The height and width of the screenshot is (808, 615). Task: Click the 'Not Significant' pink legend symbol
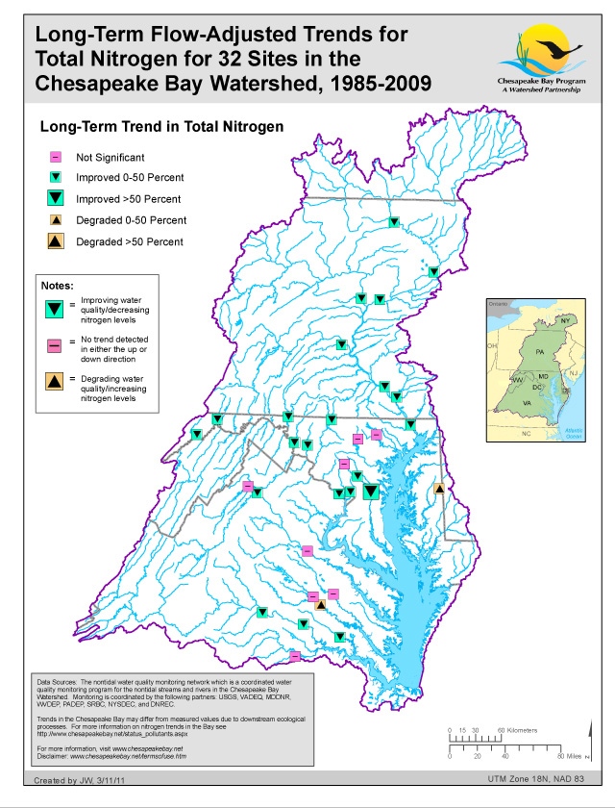[57, 156]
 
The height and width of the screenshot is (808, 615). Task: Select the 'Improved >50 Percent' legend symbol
[57, 199]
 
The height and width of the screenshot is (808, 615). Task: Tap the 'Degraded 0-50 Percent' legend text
[134, 220]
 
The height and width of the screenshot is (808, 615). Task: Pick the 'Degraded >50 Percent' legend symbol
[57, 241]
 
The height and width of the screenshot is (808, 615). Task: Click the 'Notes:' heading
[60, 286]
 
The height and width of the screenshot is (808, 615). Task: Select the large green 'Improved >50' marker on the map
[371, 492]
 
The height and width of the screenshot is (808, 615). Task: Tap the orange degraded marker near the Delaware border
[439, 490]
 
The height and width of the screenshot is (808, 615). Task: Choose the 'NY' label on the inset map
[565, 319]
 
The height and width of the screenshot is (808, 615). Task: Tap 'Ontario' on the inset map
[498, 304]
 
